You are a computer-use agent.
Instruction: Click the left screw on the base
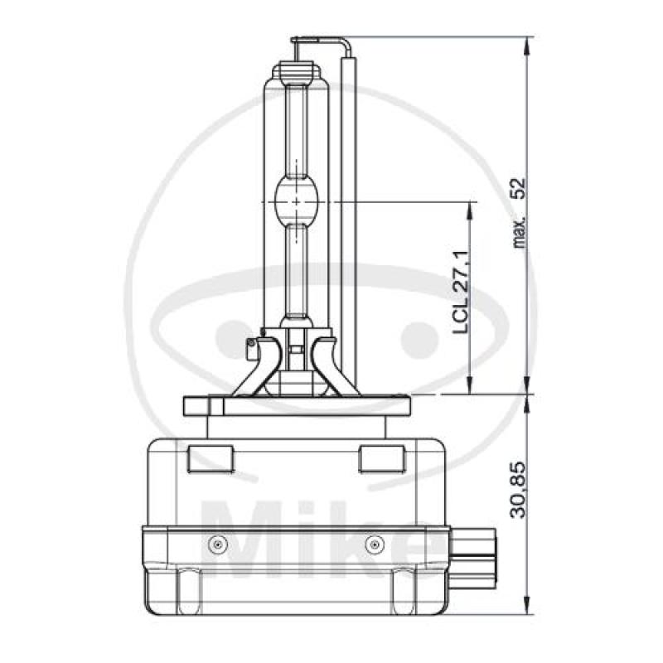[218, 544]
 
